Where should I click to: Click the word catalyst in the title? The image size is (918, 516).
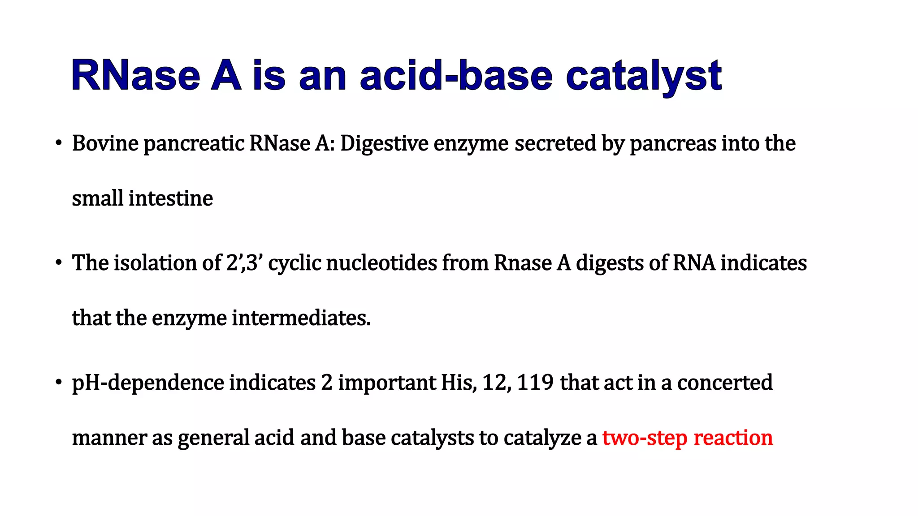pos(643,76)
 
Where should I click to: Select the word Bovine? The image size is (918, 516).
pos(105,144)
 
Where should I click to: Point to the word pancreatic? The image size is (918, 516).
pos(194,145)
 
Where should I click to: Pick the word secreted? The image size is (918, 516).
pos(555,144)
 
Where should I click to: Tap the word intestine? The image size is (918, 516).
pos(171,198)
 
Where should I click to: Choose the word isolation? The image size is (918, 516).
pos(155,263)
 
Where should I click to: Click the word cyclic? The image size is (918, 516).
pos(294,264)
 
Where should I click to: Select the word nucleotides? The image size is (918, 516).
pos(381,263)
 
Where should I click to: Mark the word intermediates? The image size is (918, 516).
pos(301,318)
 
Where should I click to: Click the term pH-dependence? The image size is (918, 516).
pos(148,383)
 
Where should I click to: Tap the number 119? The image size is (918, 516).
pos(535,383)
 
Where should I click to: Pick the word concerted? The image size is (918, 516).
pos(725,383)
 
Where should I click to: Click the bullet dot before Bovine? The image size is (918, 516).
pos(58,143)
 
